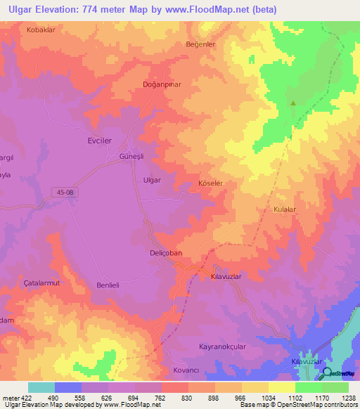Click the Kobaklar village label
[x=40, y=30]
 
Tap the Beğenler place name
[x=200, y=43]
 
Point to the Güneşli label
[x=131, y=156]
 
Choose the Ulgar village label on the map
[x=152, y=180]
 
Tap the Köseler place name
[x=210, y=183]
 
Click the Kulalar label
[x=285, y=209]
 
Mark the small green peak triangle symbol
[x=292, y=103]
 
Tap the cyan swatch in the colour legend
[x=41, y=387]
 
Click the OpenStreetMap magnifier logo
[x=328, y=372]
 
